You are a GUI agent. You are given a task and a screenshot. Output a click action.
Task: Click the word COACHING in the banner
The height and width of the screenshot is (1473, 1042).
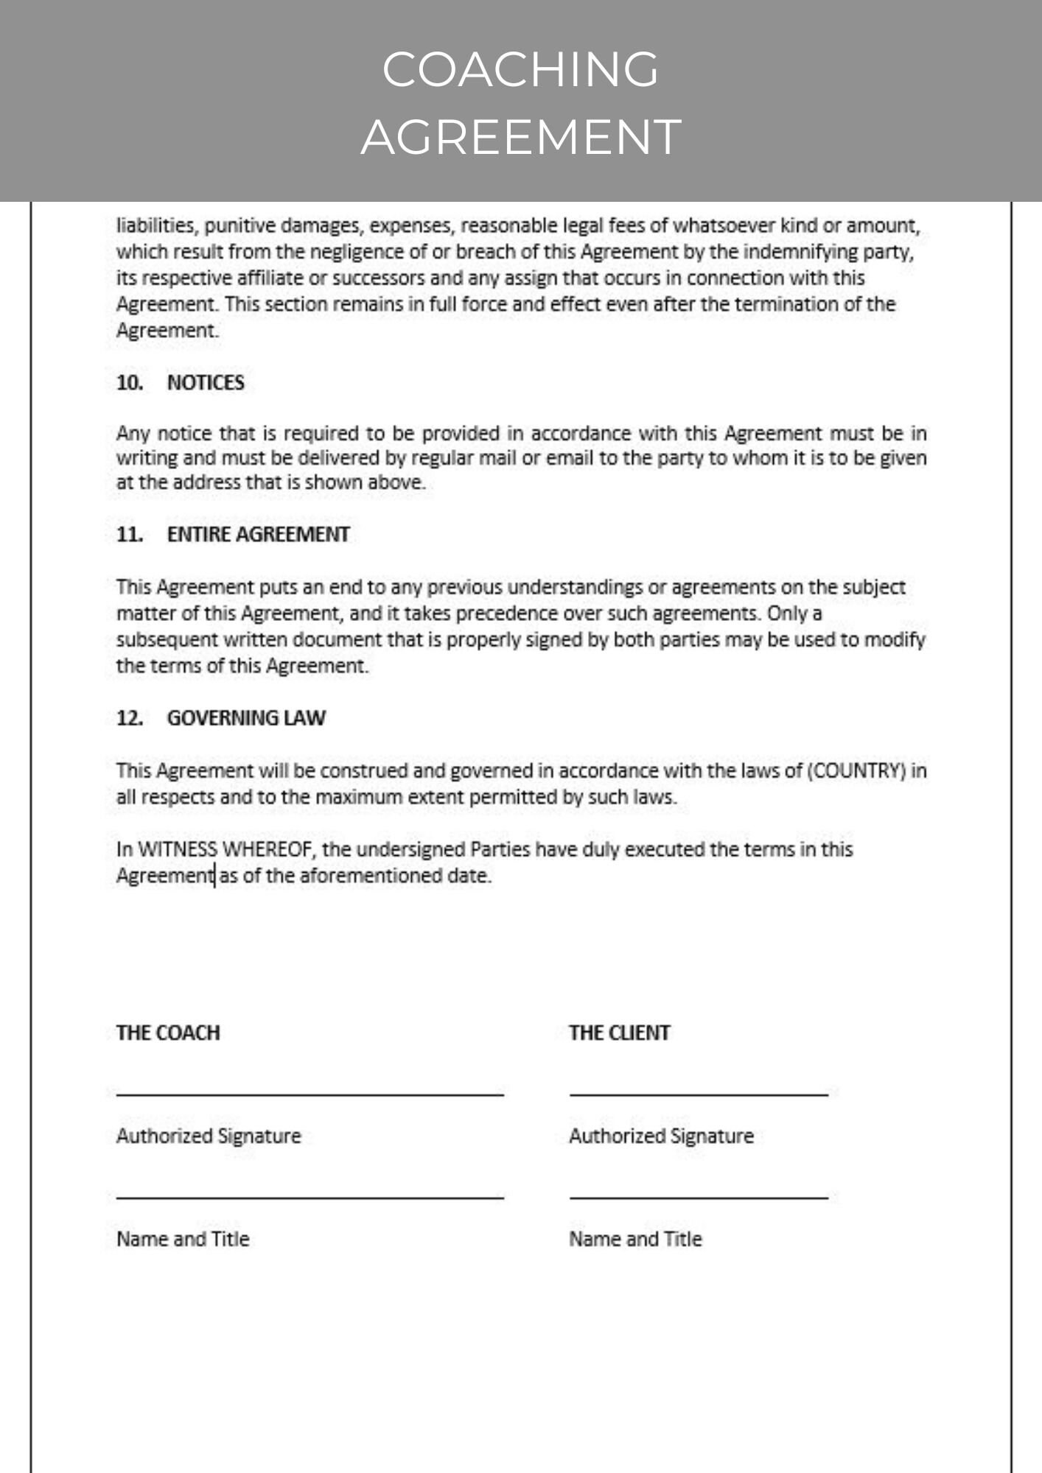(520, 69)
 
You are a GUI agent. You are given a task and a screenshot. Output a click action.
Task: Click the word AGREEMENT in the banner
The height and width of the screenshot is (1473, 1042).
(520, 137)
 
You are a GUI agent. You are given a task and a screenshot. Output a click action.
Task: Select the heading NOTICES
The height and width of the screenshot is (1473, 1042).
(206, 383)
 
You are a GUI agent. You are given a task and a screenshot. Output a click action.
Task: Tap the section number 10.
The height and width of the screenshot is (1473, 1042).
(129, 383)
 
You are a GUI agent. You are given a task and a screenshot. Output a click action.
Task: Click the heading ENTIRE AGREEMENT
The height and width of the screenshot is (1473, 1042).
(258, 535)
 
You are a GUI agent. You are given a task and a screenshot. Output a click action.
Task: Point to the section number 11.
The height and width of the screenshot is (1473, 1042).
(129, 535)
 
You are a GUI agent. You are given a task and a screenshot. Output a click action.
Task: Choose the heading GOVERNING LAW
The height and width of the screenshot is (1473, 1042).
(246, 718)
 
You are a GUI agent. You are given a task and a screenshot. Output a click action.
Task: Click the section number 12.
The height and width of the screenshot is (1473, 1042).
(129, 718)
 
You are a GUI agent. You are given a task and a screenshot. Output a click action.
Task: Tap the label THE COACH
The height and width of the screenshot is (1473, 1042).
(168, 1033)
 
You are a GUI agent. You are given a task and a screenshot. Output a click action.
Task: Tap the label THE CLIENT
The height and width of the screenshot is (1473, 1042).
(619, 1033)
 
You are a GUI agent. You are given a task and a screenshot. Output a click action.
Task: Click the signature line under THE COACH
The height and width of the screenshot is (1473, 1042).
(310, 1095)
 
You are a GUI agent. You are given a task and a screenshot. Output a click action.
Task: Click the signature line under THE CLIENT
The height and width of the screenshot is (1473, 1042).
(699, 1095)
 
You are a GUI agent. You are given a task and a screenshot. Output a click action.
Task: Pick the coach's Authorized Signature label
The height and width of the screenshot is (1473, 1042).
(209, 1136)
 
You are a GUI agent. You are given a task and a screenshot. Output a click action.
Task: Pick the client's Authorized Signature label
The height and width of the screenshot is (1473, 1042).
(661, 1136)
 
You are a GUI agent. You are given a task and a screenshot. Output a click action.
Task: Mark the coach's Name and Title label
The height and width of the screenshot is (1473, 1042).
(183, 1240)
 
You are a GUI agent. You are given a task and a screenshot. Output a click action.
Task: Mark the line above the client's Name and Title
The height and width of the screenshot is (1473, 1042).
(699, 1198)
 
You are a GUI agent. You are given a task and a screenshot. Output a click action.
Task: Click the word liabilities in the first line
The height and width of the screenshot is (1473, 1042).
(155, 226)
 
